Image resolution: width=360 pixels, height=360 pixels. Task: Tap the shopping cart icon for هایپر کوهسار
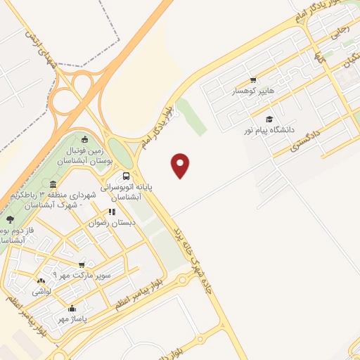pos(253,80)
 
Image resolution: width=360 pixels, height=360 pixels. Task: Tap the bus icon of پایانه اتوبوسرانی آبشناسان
pos(126,176)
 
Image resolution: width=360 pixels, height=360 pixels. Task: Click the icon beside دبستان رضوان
pos(110,211)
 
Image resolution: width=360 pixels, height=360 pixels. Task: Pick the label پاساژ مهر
pos(72,319)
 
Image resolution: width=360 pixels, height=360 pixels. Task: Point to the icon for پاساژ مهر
pos(72,308)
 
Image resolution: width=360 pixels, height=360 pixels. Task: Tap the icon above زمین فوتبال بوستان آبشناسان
pos(85,139)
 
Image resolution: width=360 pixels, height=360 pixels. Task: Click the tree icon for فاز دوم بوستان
pos(8,219)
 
